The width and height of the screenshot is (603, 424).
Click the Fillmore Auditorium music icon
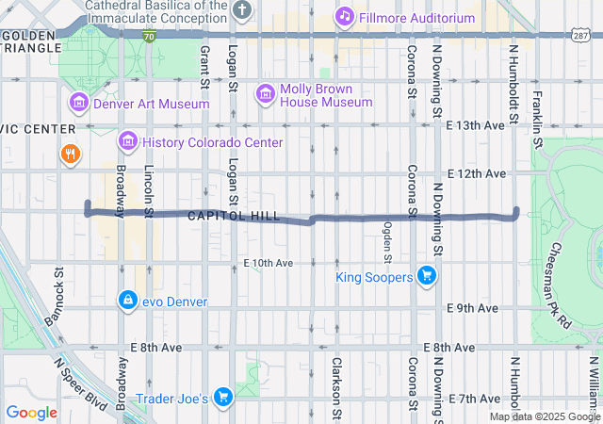point(345,16)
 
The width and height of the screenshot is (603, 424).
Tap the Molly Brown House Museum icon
point(265,92)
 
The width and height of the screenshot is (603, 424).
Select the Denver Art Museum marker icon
point(77,102)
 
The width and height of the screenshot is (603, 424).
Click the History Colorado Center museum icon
point(127,141)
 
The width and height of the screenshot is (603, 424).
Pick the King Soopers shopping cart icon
point(427,276)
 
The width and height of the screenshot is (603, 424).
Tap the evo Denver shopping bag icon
point(126,300)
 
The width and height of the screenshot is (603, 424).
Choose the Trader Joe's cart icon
point(223,398)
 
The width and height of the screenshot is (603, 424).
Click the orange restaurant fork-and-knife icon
point(70,153)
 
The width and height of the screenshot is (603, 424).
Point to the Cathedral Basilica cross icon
point(243,10)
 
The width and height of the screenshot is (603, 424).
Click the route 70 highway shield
point(150,35)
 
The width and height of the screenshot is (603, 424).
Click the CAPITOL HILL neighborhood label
point(234,216)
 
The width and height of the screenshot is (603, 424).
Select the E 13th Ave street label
point(476,125)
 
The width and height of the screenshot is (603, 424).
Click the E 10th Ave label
point(269,262)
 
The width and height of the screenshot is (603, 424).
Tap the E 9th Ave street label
point(473,308)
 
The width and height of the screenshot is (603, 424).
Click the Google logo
point(31,412)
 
